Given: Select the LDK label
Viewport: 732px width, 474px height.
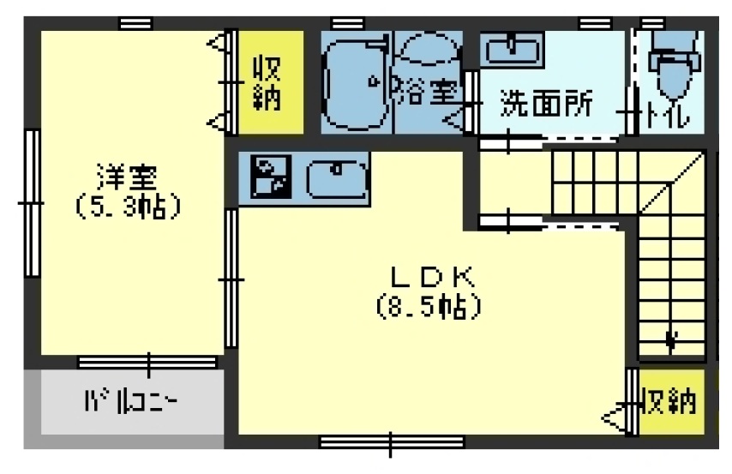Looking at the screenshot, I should [432, 277].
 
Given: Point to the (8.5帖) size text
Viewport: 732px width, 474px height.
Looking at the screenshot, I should [427, 306].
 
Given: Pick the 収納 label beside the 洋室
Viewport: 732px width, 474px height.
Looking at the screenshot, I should [267, 82].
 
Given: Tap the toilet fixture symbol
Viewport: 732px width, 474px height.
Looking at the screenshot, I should [670, 69].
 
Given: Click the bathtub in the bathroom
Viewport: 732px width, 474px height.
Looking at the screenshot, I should [353, 82].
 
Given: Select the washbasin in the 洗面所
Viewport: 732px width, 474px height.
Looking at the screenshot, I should [511, 51].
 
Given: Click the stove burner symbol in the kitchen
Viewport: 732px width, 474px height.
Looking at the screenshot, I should [268, 177].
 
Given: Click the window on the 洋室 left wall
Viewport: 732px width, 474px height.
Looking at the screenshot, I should [32, 203].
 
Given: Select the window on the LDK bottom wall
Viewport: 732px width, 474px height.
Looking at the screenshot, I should [392, 442].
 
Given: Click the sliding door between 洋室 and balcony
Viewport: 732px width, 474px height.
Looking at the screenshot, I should [147, 363].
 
